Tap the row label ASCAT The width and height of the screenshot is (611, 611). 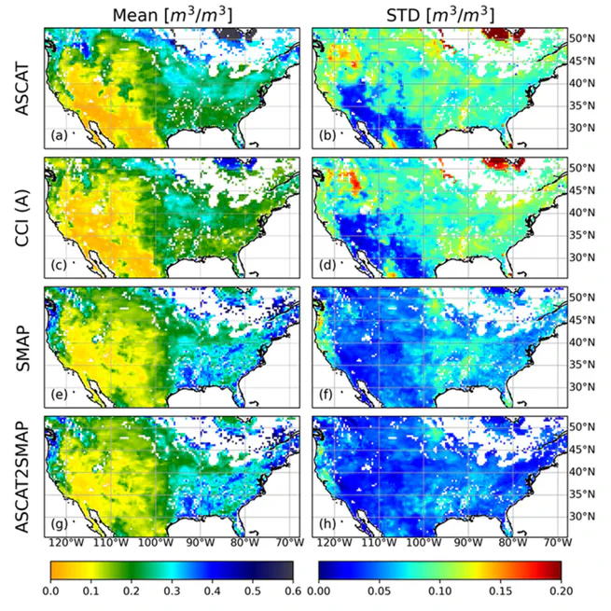pos(21,86)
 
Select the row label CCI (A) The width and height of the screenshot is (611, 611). pos(21,215)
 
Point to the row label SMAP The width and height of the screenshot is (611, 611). pos(21,344)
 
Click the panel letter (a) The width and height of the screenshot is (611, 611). pos(59,136)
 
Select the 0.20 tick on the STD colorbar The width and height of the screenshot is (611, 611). pos(562,590)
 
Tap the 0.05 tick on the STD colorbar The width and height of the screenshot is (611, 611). pos(379,590)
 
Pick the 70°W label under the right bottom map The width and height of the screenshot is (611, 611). pos(556,544)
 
